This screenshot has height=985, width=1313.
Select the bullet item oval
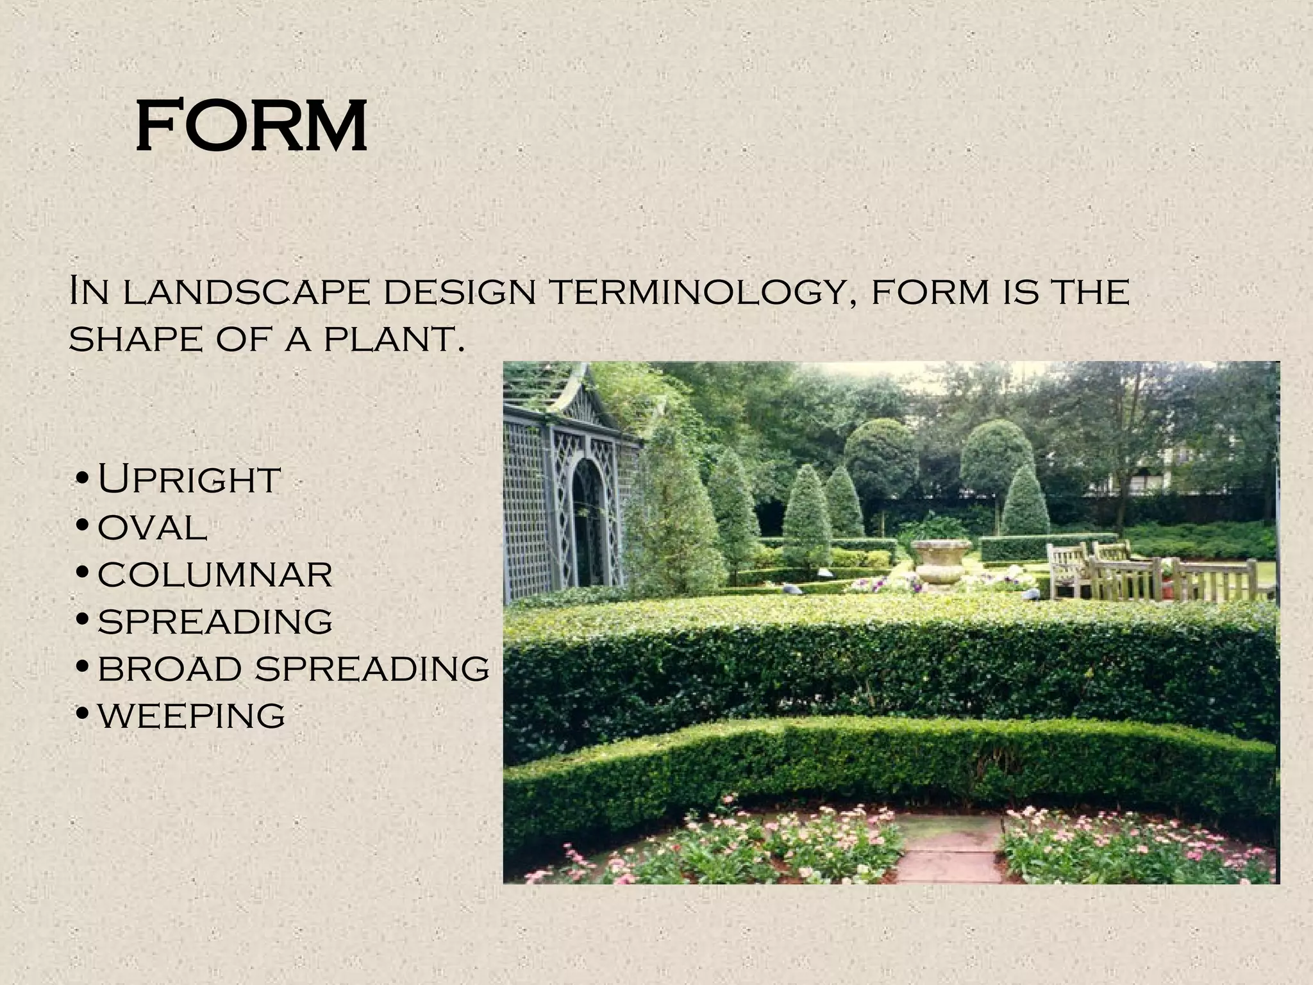click(153, 528)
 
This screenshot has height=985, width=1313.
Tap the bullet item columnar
click(215, 574)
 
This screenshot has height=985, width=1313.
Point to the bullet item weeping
click(191, 716)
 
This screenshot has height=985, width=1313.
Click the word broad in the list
click(171, 668)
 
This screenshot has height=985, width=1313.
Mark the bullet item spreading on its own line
click(215, 621)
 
